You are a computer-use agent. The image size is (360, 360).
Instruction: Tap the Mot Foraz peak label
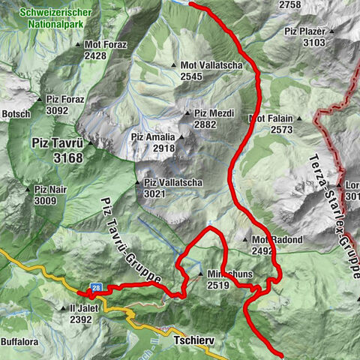pyautogui.click(x=106, y=45)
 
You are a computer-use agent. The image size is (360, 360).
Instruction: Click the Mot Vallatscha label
pyautogui.click(x=212, y=66)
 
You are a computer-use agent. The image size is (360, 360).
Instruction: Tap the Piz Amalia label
pyautogui.click(x=153, y=137)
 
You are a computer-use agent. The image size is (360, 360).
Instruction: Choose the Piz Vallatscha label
pyautogui.click(x=172, y=183)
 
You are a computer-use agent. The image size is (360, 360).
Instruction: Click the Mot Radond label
pyautogui.click(x=277, y=240)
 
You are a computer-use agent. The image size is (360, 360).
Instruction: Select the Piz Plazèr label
pyautogui.click(x=304, y=32)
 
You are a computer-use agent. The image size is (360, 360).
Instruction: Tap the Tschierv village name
pyautogui.click(x=194, y=340)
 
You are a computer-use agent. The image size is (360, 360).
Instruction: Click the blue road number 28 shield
pyautogui.click(x=97, y=287)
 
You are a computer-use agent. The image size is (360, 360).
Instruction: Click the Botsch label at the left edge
pyautogui.click(x=16, y=114)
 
